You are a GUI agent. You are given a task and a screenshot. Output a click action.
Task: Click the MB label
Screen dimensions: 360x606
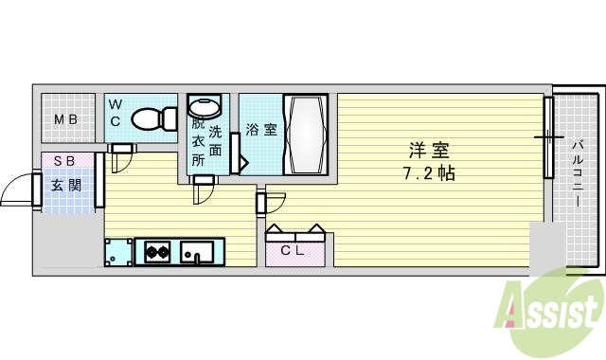64,119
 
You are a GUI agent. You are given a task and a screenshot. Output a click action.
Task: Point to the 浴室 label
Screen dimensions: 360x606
261,130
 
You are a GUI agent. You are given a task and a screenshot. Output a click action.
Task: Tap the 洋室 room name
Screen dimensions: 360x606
428,151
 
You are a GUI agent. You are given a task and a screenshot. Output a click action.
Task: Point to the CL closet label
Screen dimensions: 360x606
295,250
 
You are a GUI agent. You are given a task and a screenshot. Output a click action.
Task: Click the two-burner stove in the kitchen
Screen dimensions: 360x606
155,252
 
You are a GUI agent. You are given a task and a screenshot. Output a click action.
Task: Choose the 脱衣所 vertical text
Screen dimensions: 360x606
198,141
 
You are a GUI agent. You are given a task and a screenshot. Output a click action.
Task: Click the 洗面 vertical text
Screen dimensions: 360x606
215,141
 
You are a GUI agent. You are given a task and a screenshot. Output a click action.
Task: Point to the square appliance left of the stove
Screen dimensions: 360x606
118,252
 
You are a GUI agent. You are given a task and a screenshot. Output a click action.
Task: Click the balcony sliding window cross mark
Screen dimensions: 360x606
548,137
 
